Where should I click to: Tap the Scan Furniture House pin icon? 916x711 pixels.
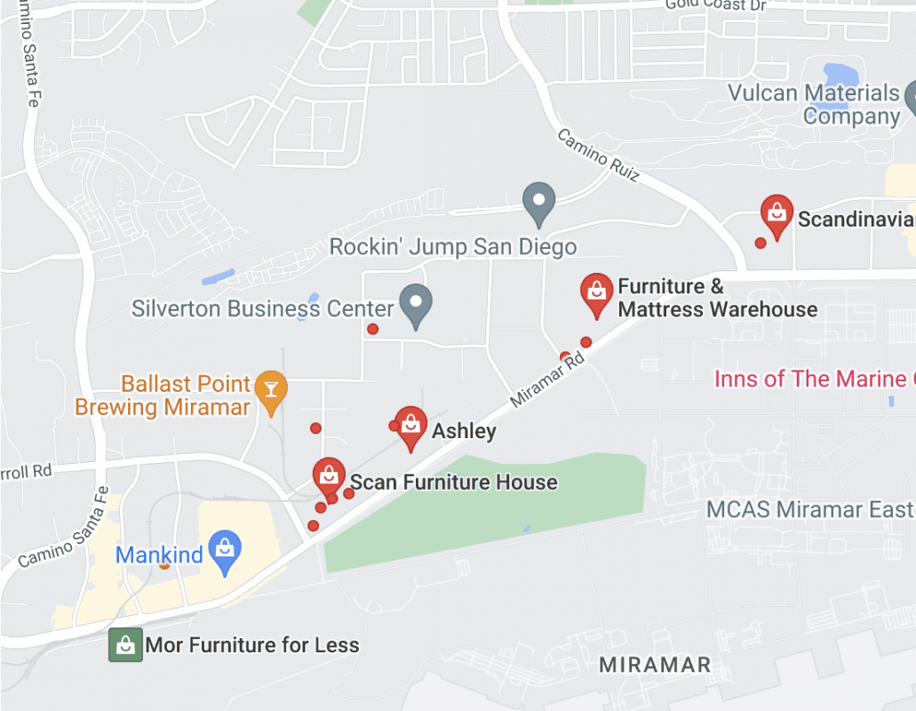(x=329, y=475)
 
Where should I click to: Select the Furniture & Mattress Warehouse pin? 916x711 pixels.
(x=595, y=292)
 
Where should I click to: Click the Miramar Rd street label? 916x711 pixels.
(x=547, y=379)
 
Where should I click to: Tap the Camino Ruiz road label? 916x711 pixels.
(x=598, y=155)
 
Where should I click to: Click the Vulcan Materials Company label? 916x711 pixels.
(x=813, y=105)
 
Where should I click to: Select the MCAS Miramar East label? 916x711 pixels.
(x=809, y=510)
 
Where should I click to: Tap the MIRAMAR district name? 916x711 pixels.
(x=655, y=665)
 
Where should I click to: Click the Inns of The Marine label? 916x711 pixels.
(x=814, y=379)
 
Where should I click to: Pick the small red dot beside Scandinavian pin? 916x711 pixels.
(x=761, y=243)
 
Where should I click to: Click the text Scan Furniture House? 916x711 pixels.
(x=454, y=483)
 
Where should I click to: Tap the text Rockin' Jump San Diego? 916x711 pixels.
(x=453, y=246)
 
